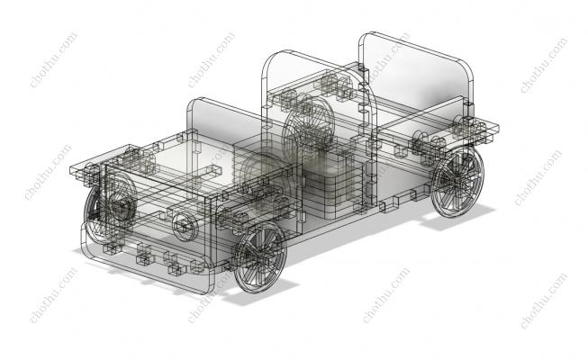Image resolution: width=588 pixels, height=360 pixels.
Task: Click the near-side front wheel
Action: [x=260, y=257]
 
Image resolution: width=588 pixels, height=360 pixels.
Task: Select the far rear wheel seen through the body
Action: [x=308, y=123]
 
